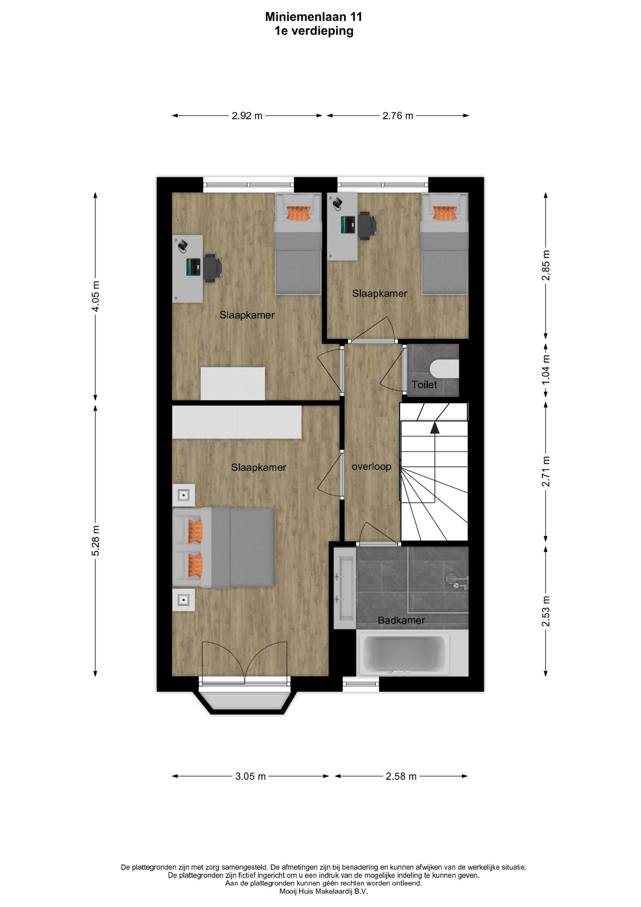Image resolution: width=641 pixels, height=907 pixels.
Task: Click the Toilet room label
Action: tap(424, 385)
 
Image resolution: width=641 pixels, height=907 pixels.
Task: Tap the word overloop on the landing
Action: tap(371, 467)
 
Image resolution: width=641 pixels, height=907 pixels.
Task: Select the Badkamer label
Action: tap(401, 620)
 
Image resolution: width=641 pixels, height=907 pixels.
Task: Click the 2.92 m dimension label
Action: tap(247, 116)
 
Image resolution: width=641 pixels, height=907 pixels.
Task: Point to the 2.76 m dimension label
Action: tap(398, 116)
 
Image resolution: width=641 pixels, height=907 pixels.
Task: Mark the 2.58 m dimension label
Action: tap(401, 776)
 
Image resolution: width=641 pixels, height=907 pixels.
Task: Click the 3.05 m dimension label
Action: tap(250, 776)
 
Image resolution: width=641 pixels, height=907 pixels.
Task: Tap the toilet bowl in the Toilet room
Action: tap(444, 368)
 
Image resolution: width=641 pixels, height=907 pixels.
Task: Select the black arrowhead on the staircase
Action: tap(435, 427)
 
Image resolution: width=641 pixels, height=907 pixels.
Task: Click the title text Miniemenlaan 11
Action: tap(313, 17)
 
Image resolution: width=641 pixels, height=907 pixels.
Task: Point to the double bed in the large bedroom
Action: tap(224, 547)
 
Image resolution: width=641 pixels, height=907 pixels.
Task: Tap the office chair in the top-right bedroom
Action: tap(367, 225)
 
